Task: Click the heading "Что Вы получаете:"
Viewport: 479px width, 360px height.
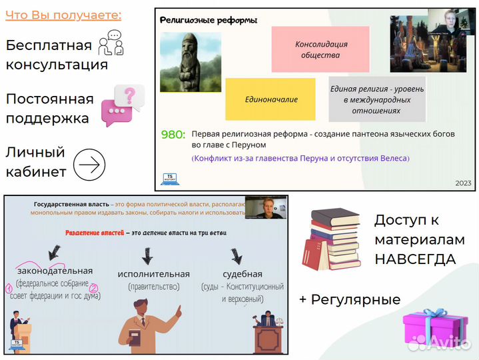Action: (x=63, y=15)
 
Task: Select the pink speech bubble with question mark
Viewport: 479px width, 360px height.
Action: (x=122, y=105)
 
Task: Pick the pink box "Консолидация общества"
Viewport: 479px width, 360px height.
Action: (x=320, y=49)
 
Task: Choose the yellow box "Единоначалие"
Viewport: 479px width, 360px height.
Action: (x=270, y=99)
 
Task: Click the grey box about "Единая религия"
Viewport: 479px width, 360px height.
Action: (x=377, y=99)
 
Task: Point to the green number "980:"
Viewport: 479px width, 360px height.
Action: (x=173, y=134)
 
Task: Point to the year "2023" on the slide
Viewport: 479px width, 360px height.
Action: (x=462, y=183)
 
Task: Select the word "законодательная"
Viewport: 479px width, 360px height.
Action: (x=55, y=271)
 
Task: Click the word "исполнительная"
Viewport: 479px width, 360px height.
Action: (x=153, y=274)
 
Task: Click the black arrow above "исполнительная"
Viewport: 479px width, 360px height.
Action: (x=147, y=254)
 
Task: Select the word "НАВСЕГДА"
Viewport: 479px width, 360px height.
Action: (x=414, y=259)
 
